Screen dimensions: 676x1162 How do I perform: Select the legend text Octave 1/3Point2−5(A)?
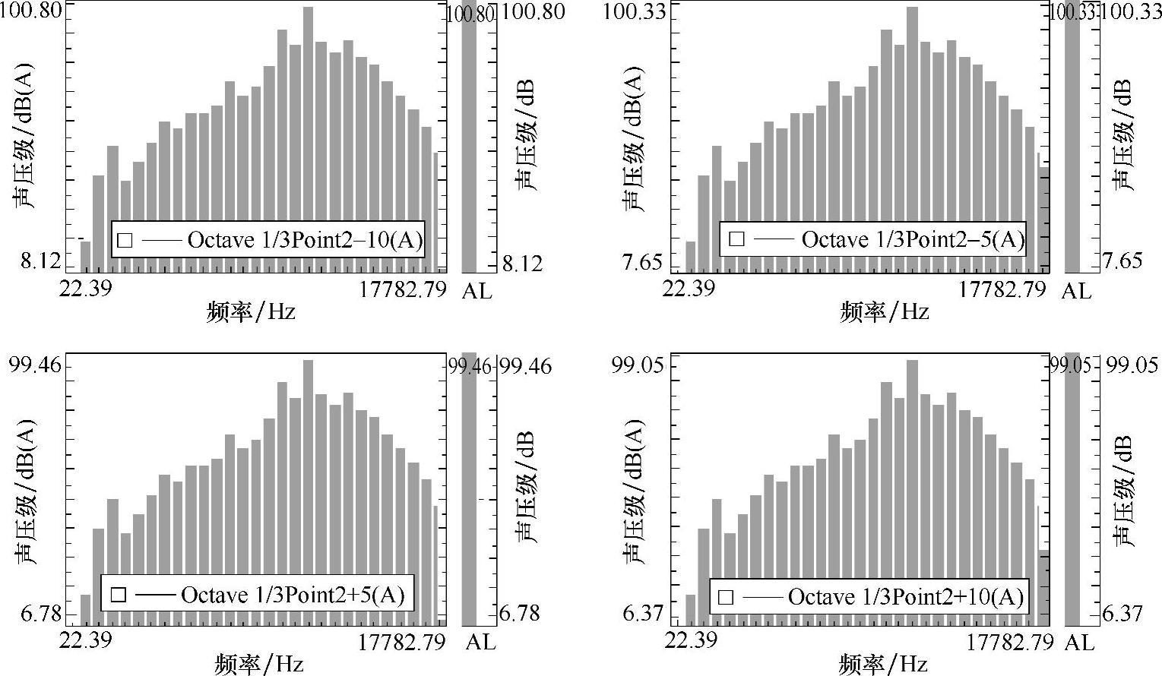tap(913, 239)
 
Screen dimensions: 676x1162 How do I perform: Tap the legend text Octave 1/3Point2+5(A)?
tap(293, 594)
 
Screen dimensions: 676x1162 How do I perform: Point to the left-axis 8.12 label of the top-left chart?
tap(40, 261)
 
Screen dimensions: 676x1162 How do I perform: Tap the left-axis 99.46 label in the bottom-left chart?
tap(35, 366)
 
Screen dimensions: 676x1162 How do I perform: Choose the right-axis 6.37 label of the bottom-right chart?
tap(1122, 613)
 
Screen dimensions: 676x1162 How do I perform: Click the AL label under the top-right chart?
tap(1075, 290)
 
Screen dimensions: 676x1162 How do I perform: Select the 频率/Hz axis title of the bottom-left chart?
tap(259, 665)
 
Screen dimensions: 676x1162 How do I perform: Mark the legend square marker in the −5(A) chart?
tap(736, 239)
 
